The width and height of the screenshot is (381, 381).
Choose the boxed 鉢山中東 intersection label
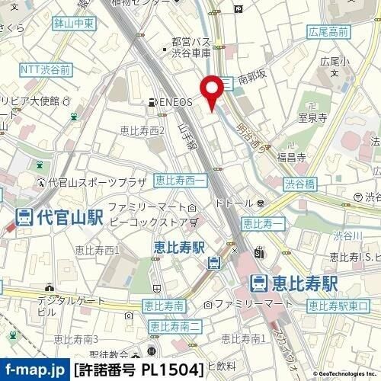(x=74, y=25)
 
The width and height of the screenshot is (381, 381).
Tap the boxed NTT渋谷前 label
(x=46, y=69)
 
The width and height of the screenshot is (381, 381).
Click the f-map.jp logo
(x=33, y=371)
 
